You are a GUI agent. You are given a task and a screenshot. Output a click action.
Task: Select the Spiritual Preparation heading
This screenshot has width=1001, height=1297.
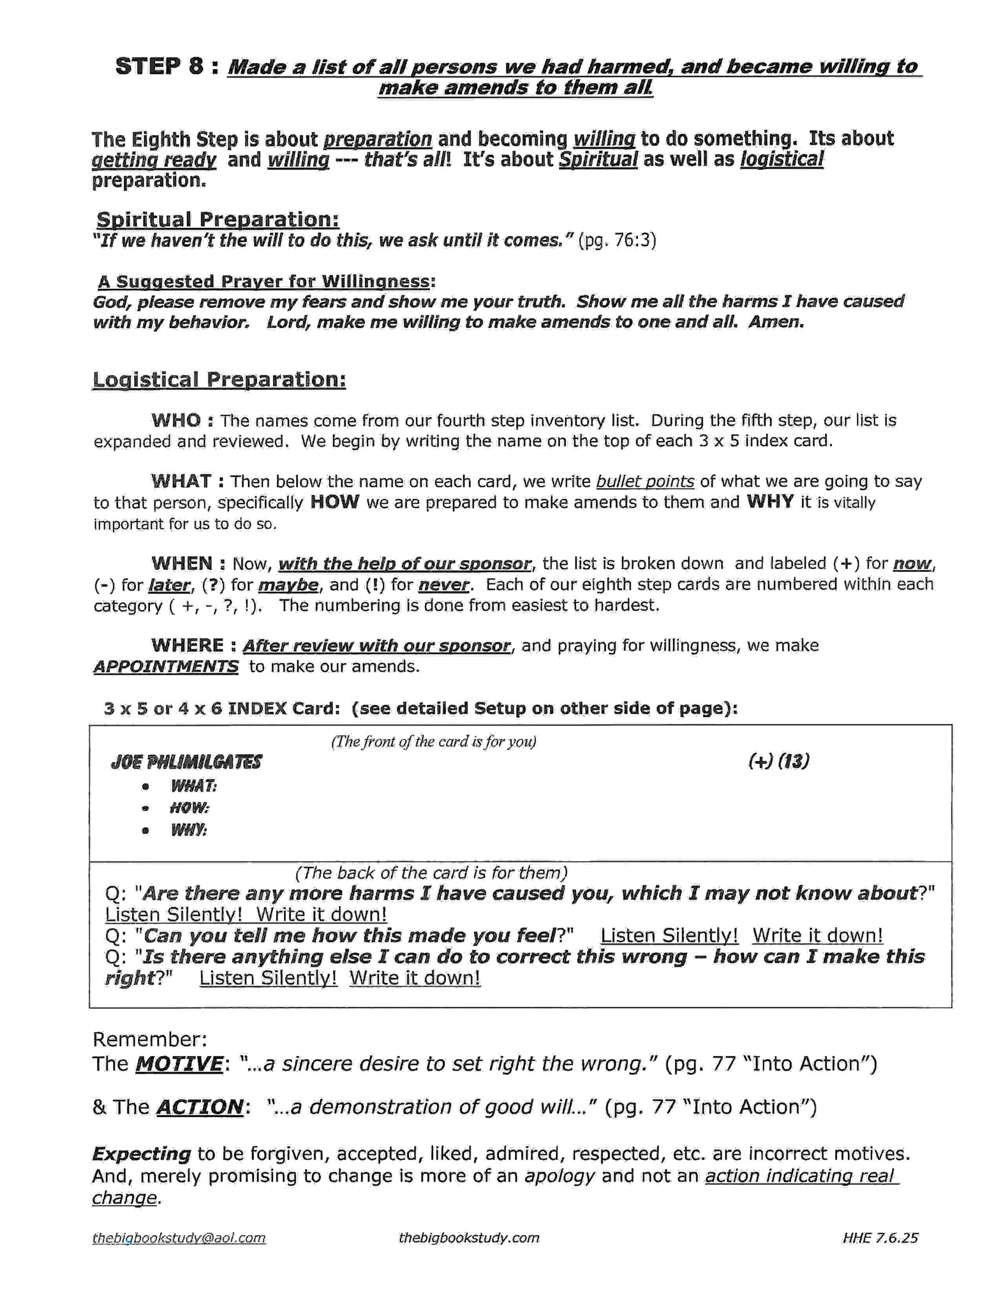(217, 220)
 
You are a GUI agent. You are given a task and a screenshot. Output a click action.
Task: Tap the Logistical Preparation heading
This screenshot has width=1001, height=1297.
(219, 380)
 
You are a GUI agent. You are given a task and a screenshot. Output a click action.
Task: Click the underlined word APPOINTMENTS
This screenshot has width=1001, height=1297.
(166, 666)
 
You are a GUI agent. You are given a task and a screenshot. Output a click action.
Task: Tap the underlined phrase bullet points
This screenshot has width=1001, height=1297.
(645, 481)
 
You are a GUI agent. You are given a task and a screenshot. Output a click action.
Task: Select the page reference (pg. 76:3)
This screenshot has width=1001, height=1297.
(617, 241)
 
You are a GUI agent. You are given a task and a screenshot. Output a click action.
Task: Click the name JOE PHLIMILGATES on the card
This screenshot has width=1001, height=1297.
(186, 762)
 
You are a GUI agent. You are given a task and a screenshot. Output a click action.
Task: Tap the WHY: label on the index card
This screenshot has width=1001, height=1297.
(189, 830)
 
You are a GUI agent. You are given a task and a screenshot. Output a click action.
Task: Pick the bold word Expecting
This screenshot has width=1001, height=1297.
(141, 1170)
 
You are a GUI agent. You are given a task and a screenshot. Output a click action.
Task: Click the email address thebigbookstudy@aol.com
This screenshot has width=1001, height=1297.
(179, 1238)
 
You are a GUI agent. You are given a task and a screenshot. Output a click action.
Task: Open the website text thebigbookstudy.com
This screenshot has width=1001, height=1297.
(469, 1238)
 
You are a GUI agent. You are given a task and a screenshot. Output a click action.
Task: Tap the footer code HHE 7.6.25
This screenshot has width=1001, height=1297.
(880, 1238)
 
